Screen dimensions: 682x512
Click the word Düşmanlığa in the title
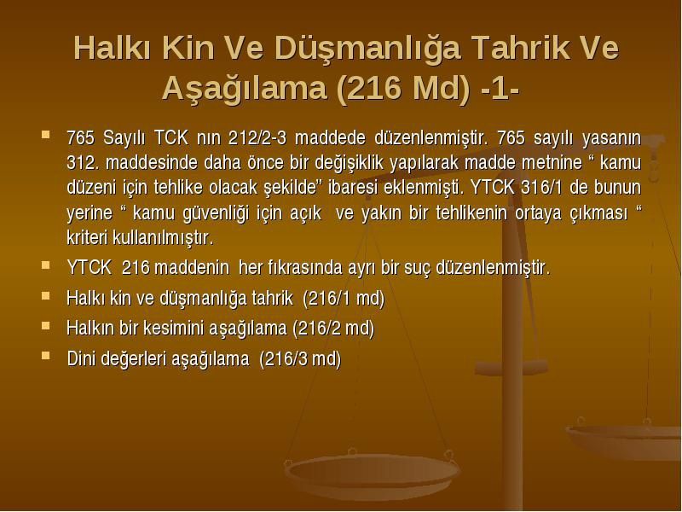click(x=367, y=49)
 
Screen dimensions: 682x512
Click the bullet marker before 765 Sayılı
click(x=45, y=134)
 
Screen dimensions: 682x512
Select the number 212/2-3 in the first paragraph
click(x=257, y=138)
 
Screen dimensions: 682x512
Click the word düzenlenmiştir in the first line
click(x=430, y=138)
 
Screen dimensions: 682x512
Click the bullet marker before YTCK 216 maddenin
click(x=45, y=265)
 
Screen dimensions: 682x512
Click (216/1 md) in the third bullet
click(x=344, y=299)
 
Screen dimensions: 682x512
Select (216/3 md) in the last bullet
click(x=300, y=359)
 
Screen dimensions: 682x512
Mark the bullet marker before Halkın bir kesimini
click(x=45, y=325)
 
